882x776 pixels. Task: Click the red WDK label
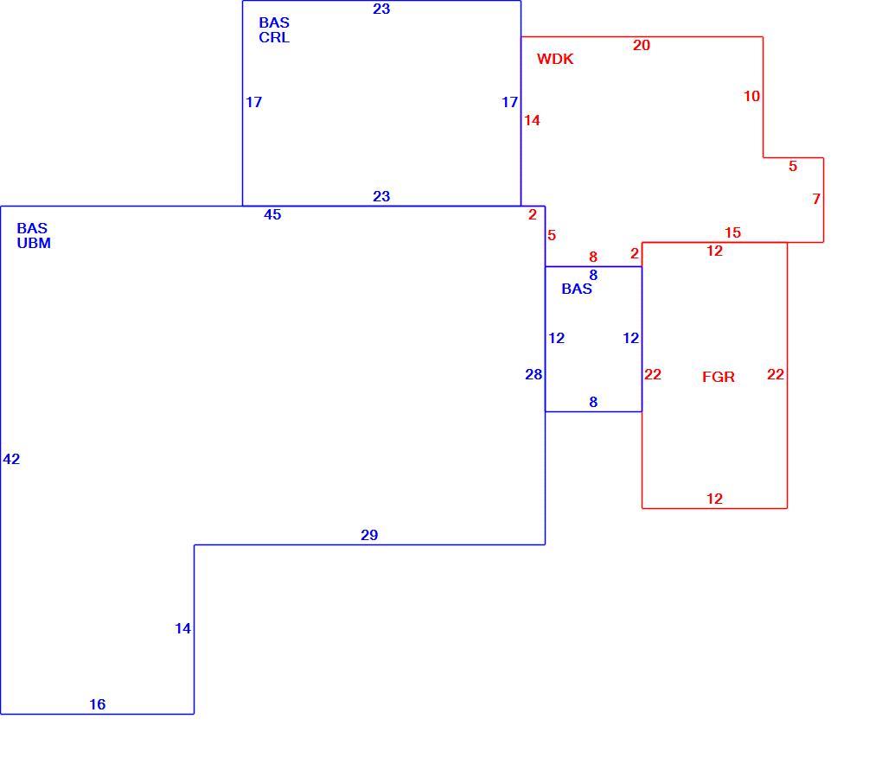tap(554, 59)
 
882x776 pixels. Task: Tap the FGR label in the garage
tap(719, 377)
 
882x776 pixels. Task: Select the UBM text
tap(34, 243)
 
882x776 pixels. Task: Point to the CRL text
tap(274, 37)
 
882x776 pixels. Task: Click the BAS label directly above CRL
tap(274, 22)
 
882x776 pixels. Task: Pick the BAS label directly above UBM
tap(32, 228)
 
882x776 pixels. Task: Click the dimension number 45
tap(272, 214)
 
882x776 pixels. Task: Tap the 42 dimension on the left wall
tap(11, 459)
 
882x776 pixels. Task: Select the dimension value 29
tap(369, 535)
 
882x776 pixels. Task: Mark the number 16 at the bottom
tap(98, 704)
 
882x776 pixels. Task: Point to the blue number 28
tap(534, 374)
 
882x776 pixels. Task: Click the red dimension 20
tap(642, 45)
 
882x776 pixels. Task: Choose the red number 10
tap(751, 96)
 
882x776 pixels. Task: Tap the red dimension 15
tap(732, 232)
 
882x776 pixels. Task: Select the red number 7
tap(816, 199)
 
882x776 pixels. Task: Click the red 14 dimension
tap(532, 120)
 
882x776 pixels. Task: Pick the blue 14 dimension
tap(182, 628)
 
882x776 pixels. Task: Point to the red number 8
tap(593, 257)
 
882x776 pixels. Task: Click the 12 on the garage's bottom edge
tap(714, 499)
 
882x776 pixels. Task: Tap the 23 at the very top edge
tap(381, 9)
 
